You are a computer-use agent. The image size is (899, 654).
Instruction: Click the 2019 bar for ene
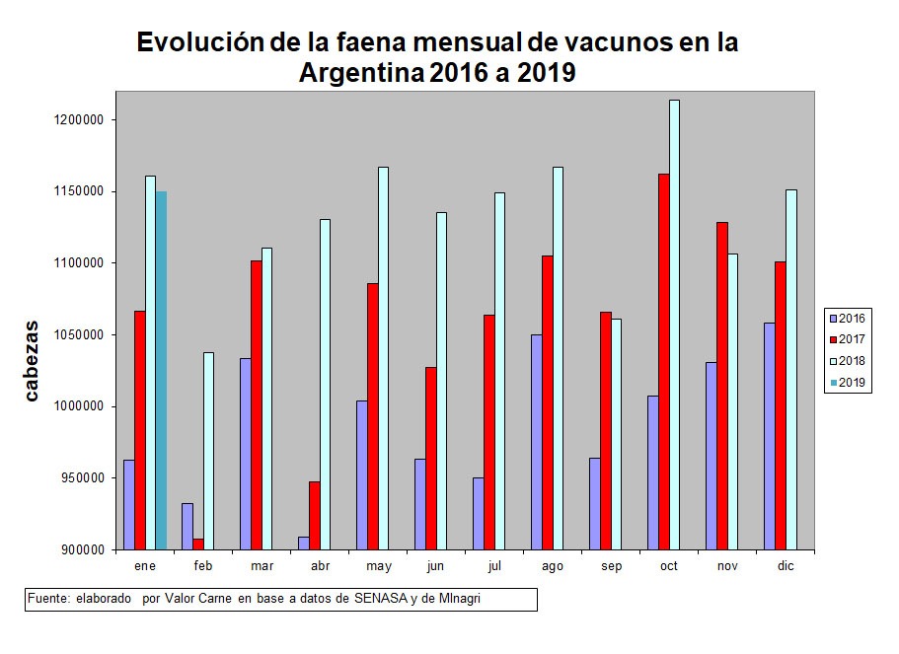[x=161, y=370]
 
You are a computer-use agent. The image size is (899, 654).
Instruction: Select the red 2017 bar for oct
[x=663, y=361]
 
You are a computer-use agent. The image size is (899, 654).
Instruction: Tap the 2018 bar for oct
[x=674, y=325]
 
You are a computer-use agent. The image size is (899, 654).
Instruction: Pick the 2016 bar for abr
[x=303, y=543]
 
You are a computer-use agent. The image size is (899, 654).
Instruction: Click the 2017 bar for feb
[x=198, y=544]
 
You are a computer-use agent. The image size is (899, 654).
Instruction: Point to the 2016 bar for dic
[x=770, y=435]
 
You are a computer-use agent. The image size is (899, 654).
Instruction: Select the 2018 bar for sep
[x=616, y=434]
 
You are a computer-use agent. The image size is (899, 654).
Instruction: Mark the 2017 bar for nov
[x=721, y=386]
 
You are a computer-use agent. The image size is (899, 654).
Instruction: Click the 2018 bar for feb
[x=209, y=451]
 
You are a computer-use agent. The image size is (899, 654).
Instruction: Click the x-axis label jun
[x=435, y=566]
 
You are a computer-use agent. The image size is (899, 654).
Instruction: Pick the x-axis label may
[x=378, y=566]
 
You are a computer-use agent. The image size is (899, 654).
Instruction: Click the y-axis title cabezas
[x=32, y=361]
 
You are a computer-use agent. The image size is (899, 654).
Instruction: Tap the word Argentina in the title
[x=361, y=74]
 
